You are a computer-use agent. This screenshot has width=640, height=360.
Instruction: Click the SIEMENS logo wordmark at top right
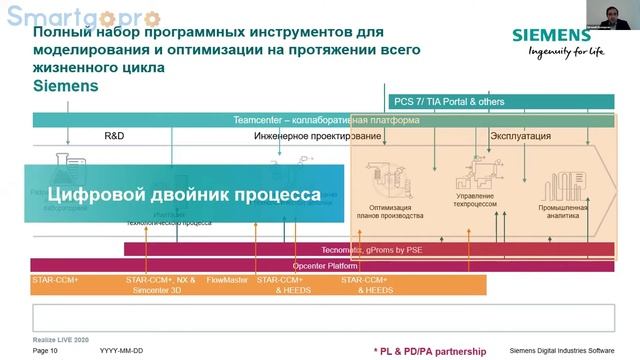click(551, 34)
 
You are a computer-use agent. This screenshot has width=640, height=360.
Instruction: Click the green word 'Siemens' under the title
click(66, 87)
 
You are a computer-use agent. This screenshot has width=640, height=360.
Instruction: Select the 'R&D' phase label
click(114, 135)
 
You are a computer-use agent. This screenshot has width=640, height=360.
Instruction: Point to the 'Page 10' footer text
click(45, 351)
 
